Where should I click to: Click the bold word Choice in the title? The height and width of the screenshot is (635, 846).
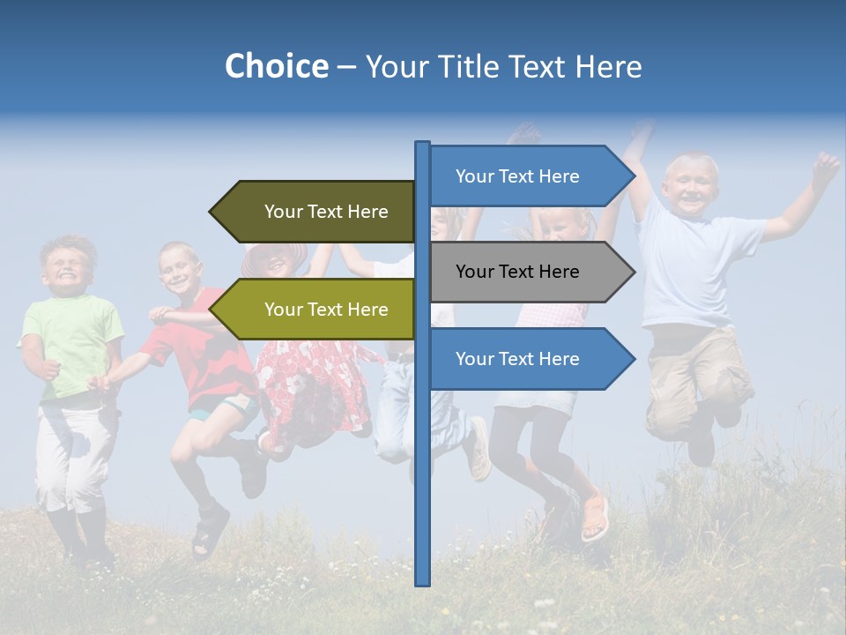point(276,66)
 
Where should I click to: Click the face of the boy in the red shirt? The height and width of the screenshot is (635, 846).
point(179,269)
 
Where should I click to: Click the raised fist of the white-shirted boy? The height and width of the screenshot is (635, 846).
point(826,165)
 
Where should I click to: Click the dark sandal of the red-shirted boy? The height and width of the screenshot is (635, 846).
point(209,534)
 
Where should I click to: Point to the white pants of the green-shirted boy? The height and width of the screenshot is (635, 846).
point(75,459)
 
